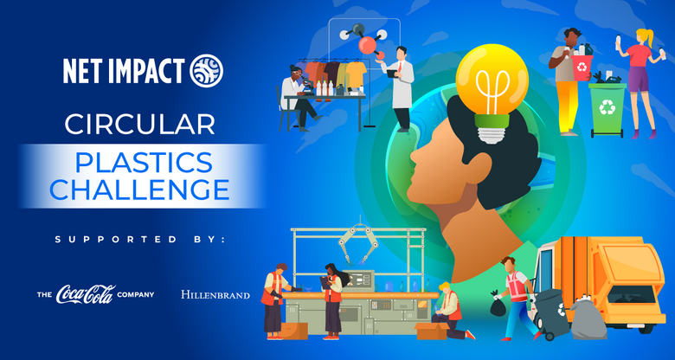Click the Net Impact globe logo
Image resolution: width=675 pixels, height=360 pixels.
pyautogui.click(x=207, y=71)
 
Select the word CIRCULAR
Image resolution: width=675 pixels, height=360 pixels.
pyautogui.click(x=140, y=124)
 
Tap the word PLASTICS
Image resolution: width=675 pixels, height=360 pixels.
pyautogui.click(x=144, y=163)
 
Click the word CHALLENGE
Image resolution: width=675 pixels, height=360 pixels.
pyautogui.click(x=139, y=189)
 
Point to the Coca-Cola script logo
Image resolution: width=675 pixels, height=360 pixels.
pyautogui.click(x=86, y=294)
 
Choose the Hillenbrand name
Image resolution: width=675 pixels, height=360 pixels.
pyautogui.click(x=215, y=295)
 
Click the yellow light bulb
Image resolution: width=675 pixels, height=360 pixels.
pyautogui.click(x=492, y=93)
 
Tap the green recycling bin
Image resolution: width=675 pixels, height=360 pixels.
pyautogui.click(x=607, y=109)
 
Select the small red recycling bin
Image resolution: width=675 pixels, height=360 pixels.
pyautogui.click(x=582, y=67)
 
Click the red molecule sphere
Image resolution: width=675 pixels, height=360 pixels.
pyautogui.click(x=367, y=45)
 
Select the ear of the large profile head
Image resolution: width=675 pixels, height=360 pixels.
pyautogui.click(x=480, y=167)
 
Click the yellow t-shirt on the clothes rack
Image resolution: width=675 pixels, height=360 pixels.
pyautogui.click(x=355, y=74)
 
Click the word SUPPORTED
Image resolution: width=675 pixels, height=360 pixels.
pyautogui.click(x=116, y=240)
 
